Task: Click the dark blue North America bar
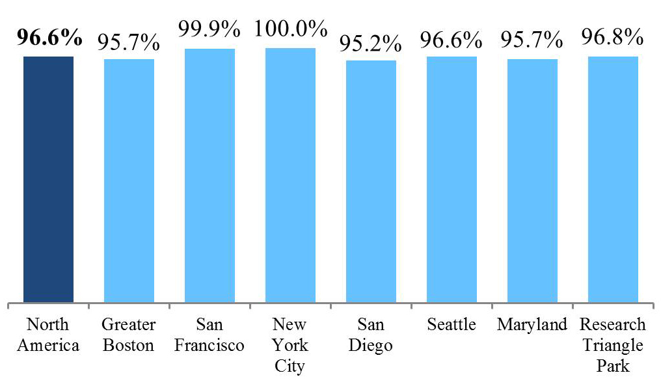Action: (x=48, y=179)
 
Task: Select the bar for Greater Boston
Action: (x=129, y=181)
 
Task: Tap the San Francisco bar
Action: (x=209, y=175)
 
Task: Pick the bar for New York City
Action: (x=290, y=175)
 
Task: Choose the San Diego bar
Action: (x=371, y=181)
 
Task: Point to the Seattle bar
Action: (x=452, y=179)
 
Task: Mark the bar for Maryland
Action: (x=532, y=181)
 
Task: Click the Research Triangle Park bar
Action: (x=613, y=179)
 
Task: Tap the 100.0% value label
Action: (x=290, y=29)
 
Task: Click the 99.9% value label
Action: (x=209, y=30)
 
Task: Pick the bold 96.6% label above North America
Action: (x=49, y=38)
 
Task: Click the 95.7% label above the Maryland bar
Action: (x=532, y=41)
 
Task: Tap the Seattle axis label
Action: (x=452, y=325)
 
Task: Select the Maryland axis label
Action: (x=532, y=325)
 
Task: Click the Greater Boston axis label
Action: (x=129, y=335)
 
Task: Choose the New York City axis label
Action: (x=290, y=345)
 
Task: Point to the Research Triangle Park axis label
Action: (x=613, y=345)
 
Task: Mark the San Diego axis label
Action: (x=371, y=335)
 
